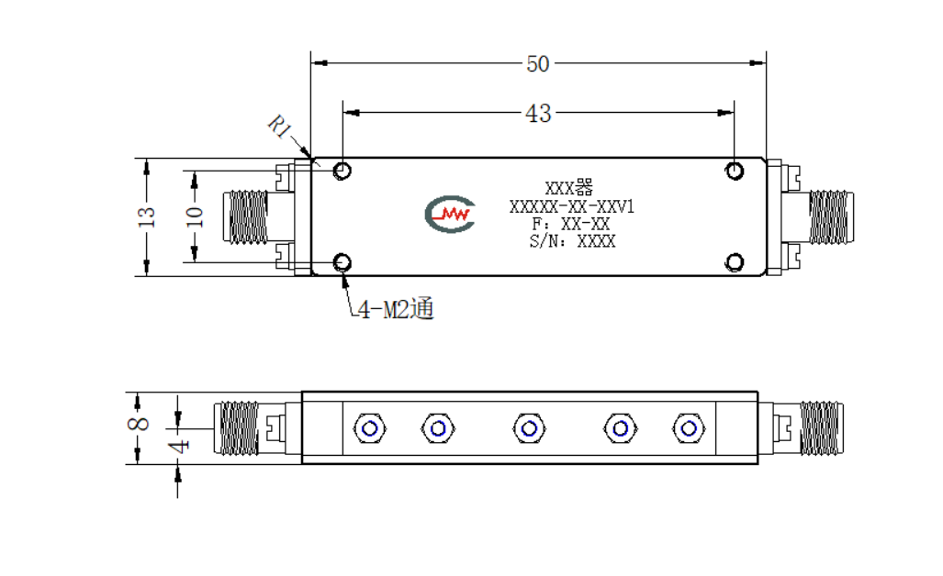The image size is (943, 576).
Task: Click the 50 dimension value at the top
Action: [x=538, y=63]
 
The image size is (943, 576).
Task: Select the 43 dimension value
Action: [x=538, y=113]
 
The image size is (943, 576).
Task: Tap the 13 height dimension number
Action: [x=146, y=216]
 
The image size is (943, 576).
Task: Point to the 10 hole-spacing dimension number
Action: [x=195, y=216]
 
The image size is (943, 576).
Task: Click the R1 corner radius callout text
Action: [x=280, y=127]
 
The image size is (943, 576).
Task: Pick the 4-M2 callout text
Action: [x=396, y=309]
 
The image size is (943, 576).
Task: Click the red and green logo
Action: [x=450, y=214]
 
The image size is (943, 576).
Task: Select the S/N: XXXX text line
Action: [x=572, y=241]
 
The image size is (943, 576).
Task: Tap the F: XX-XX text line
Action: [x=571, y=224]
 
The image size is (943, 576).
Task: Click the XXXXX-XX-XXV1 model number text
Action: [x=571, y=206]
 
